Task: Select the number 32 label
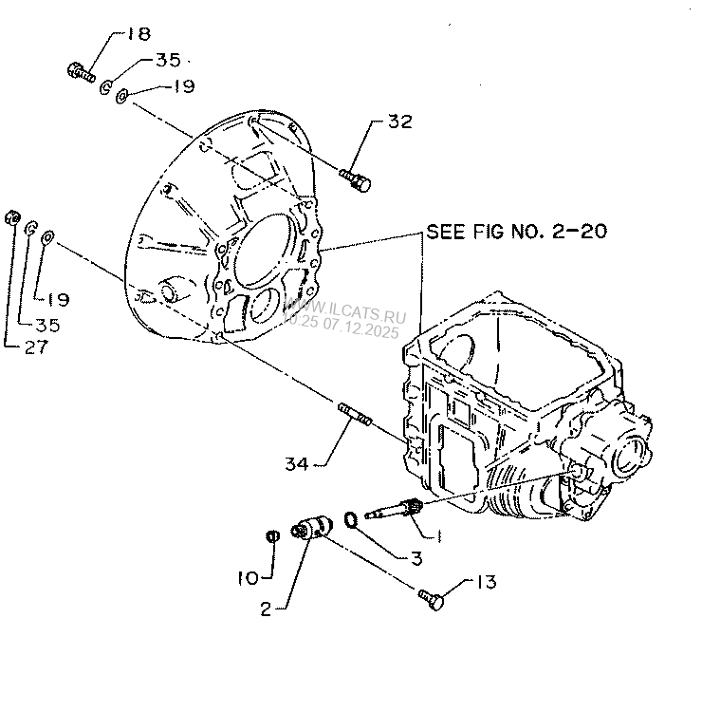point(399,122)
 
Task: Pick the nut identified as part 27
point(12,217)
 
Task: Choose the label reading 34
point(297,463)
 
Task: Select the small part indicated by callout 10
point(270,536)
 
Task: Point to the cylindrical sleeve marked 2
point(311,527)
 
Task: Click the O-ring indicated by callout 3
point(350,519)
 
